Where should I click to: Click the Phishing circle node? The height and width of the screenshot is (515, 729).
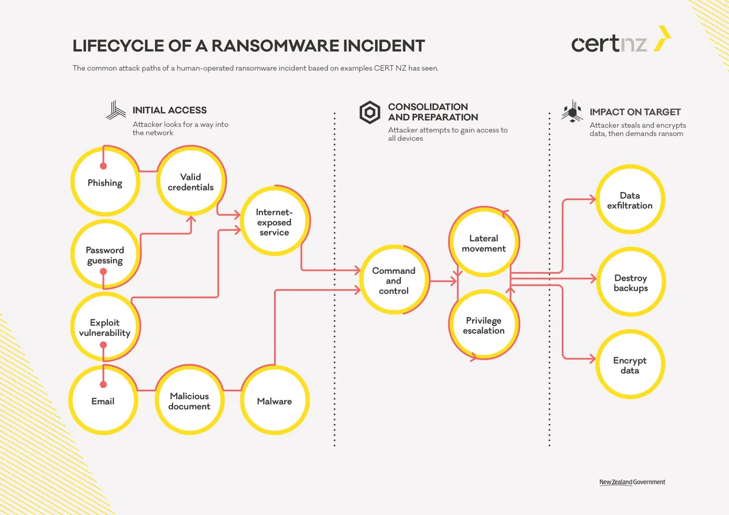105,182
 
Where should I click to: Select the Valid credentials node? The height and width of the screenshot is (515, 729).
191,180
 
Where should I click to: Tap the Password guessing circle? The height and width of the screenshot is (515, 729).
105,254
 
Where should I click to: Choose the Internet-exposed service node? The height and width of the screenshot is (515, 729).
275,221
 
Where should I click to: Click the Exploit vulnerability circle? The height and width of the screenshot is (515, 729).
105,327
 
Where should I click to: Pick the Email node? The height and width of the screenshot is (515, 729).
103,400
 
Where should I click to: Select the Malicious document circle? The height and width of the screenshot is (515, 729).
190,400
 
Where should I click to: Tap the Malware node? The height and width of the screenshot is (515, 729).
275,400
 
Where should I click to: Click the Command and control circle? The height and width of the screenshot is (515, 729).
394,280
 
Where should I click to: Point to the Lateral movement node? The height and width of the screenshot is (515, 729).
484,242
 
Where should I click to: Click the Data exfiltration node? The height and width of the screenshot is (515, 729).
631,199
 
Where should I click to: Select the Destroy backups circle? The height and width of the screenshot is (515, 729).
631,282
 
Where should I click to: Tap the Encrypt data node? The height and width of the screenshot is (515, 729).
631,364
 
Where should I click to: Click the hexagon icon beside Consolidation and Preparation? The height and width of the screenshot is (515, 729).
370,112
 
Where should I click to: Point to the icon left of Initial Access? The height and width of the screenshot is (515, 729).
115,110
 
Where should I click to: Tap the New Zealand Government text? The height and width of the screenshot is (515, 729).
632,482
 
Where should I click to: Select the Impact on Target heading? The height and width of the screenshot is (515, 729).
635,112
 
